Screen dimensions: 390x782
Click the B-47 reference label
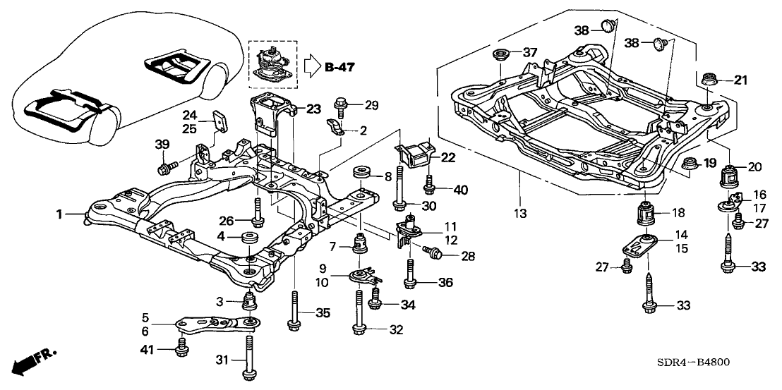pyautogui.click(x=340, y=68)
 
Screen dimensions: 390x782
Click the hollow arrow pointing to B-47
pyautogui.click(x=311, y=67)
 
